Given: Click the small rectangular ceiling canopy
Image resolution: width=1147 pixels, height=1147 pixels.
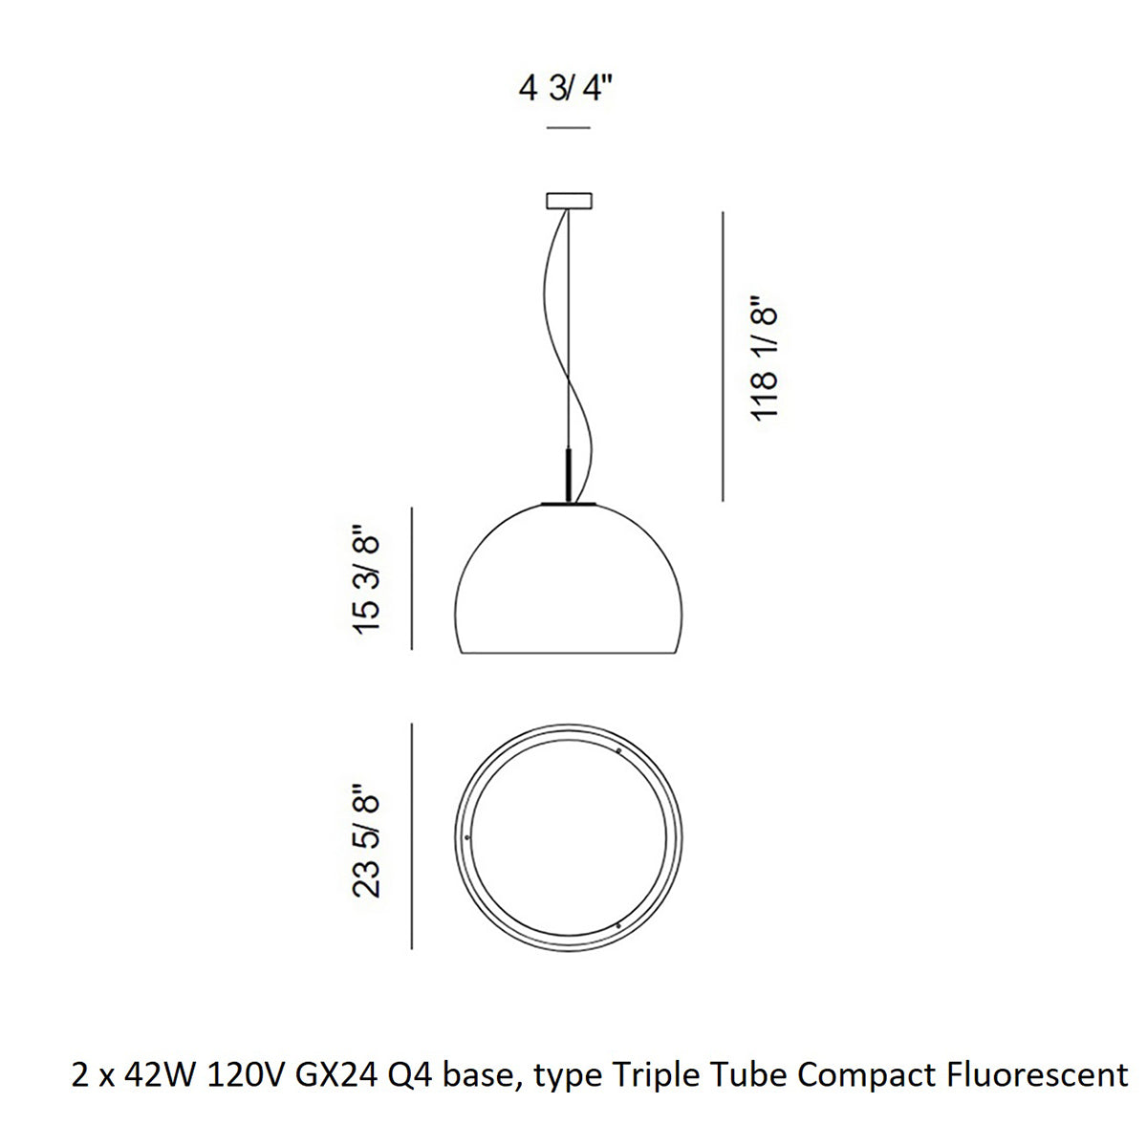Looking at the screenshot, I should (569, 201).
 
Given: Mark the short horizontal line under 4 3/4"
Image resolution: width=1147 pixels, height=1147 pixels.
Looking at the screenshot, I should (568, 128).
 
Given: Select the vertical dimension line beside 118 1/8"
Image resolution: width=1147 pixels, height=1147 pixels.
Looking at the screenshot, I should (724, 356).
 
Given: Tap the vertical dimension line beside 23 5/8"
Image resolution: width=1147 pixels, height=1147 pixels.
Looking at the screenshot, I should (412, 836).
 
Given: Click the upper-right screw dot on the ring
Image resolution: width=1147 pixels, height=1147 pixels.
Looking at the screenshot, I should (619, 751).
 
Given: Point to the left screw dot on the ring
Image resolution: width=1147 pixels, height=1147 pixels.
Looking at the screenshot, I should (466, 836).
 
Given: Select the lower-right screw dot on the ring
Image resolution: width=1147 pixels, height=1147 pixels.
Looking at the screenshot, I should (619, 924).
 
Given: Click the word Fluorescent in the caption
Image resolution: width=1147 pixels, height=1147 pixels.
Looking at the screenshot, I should (1035, 1076).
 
